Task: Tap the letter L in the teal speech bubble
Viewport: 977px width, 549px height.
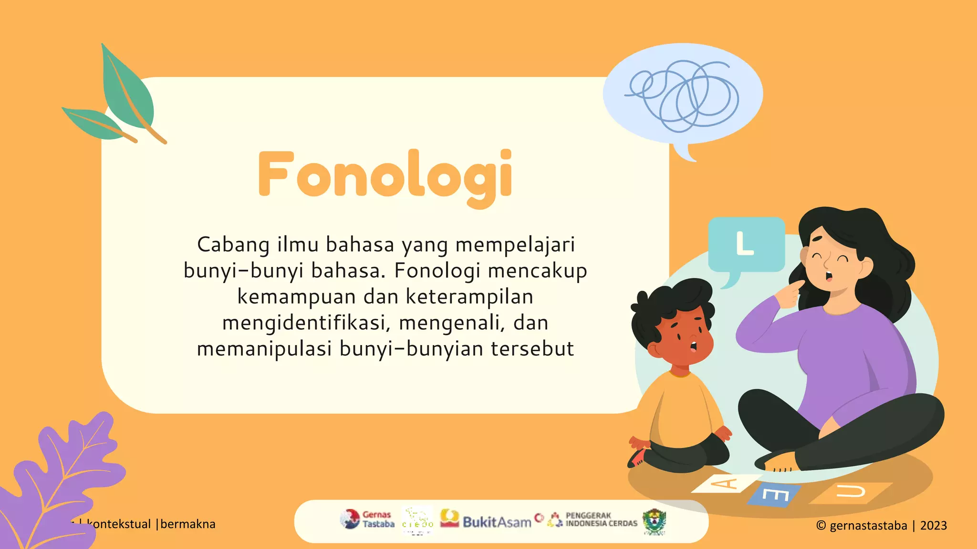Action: point(744,244)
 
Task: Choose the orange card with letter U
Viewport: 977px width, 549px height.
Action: point(851,492)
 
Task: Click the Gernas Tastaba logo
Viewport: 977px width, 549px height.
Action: point(368,519)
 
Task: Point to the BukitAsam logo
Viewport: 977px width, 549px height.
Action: point(487,520)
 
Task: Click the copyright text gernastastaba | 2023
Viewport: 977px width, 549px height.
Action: point(881,526)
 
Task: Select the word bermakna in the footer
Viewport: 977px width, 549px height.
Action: point(188,524)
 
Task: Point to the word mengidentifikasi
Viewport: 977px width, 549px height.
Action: point(304,323)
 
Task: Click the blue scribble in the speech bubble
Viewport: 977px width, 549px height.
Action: point(683,95)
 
